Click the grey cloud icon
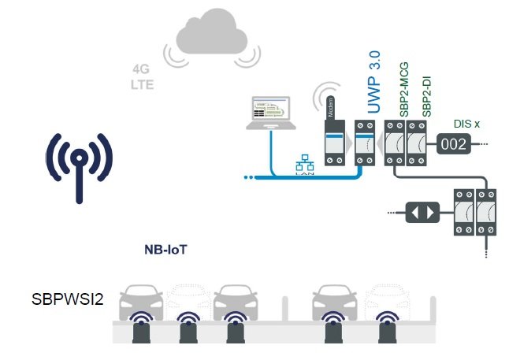[x=211, y=36]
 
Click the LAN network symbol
[x=303, y=168]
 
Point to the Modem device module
[x=333, y=142]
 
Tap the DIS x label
[x=470, y=123]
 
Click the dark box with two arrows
[x=419, y=212]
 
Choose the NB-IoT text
[x=165, y=250]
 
